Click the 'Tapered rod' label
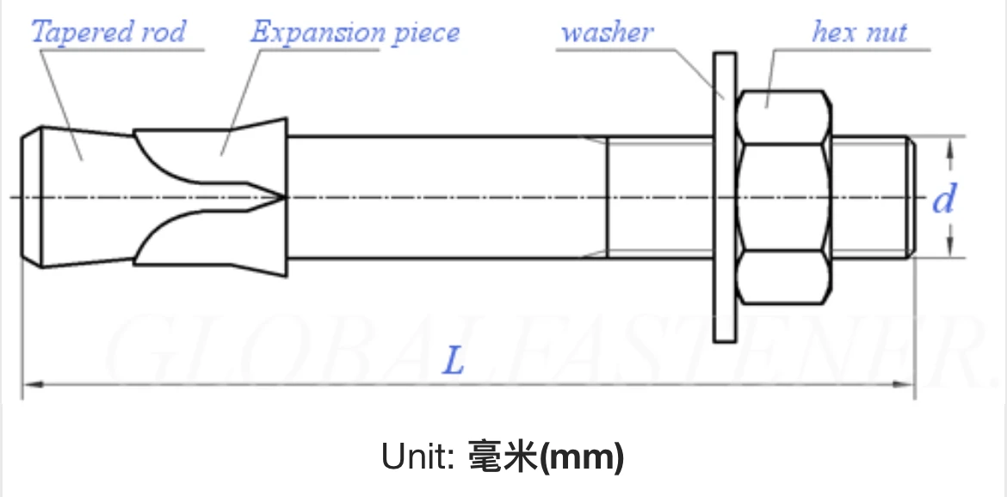(108, 33)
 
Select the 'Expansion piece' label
(355, 33)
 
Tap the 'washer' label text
(607, 33)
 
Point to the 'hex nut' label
(859, 33)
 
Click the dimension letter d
(944, 200)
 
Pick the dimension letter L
(453, 361)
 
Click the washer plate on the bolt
(725, 198)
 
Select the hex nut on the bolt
(785, 198)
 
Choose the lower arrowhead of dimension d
(950, 250)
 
